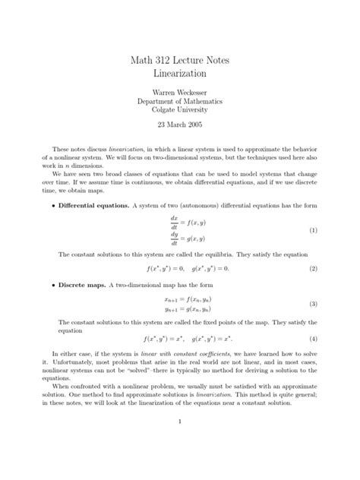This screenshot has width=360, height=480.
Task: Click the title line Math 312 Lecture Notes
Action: (x=180, y=61)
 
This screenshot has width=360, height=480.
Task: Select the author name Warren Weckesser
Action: (x=180, y=95)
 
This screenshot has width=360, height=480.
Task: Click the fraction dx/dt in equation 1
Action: (x=172, y=222)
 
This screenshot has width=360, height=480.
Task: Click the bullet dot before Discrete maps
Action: (x=52, y=285)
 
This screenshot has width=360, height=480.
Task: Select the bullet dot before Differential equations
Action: (x=52, y=206)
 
